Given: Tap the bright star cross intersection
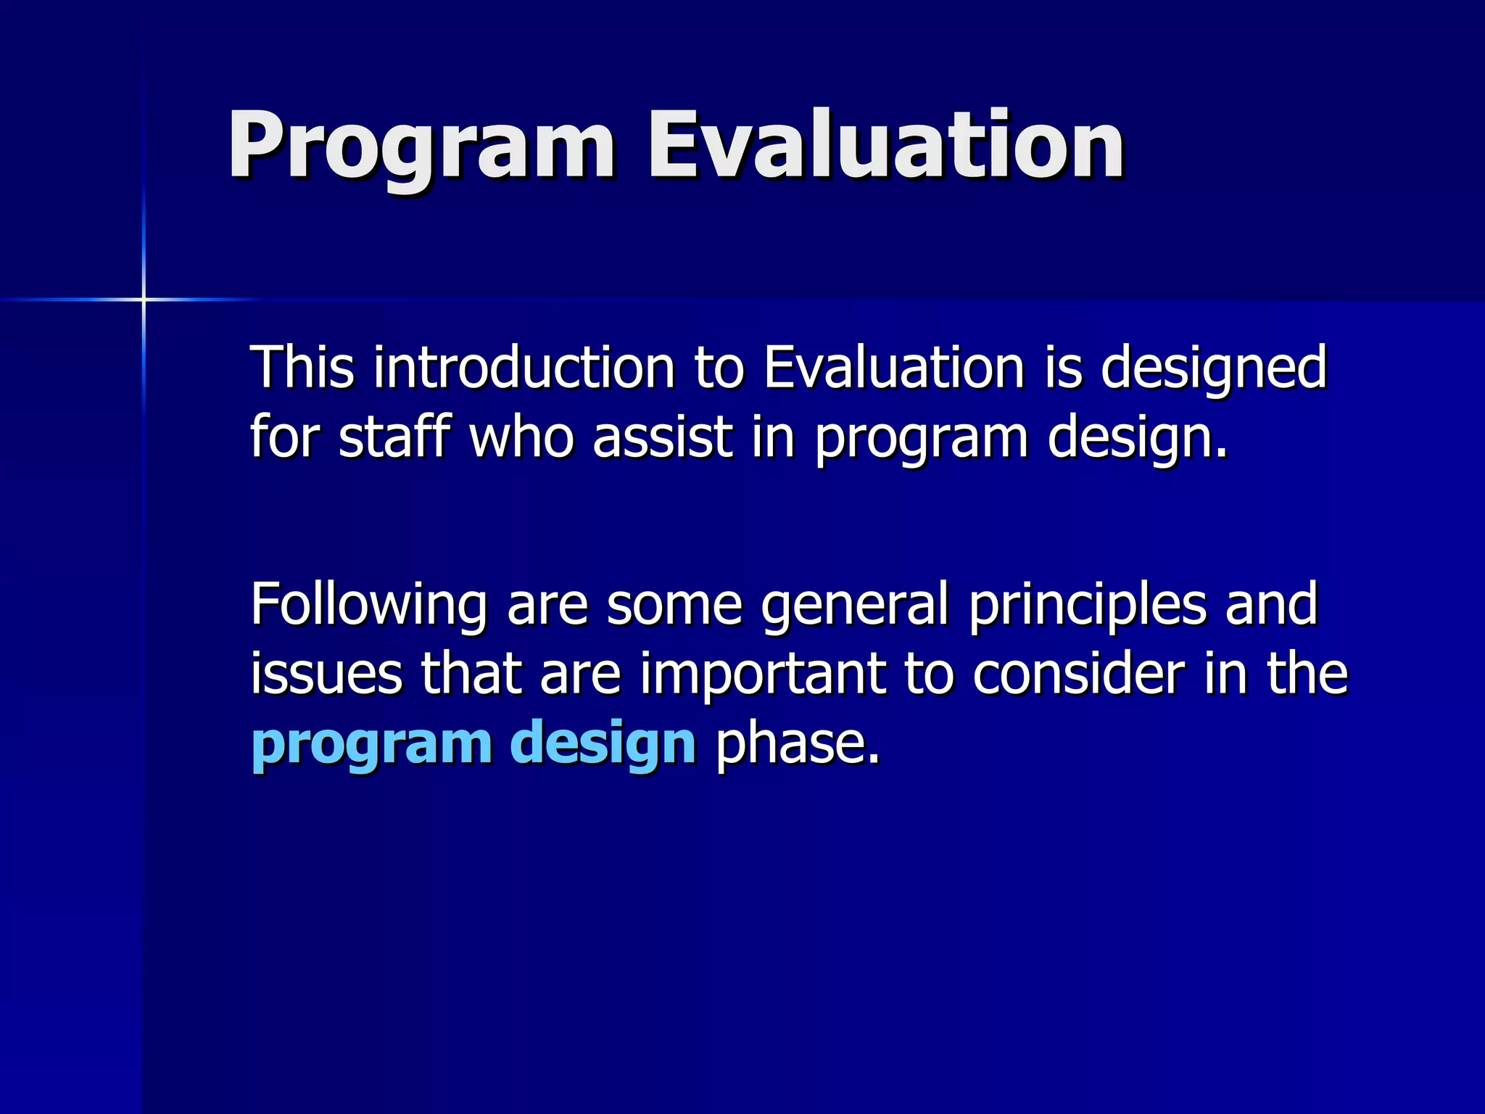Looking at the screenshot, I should [144, 299].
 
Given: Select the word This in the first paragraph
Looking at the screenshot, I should [302, 368].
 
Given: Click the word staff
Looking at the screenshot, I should [394, 437].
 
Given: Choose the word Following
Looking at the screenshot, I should [368, 606].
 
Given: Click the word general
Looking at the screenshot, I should [855, 606].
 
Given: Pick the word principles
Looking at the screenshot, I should [1088, 606].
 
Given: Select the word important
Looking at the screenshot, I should [762, 674].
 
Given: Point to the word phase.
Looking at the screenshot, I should [798, 743].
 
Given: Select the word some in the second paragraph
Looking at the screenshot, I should [674, 605].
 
